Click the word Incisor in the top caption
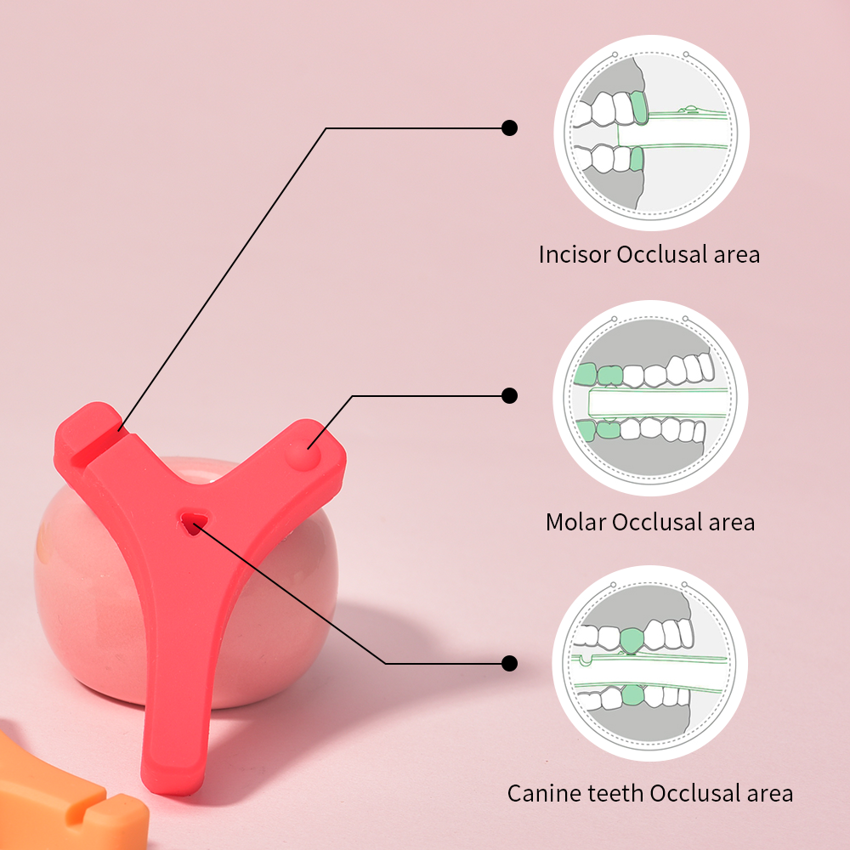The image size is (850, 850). click(575, 254)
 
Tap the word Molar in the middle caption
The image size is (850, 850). click(575, 522)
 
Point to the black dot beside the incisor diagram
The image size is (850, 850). click(509, 127)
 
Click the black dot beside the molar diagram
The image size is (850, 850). click(509, 395)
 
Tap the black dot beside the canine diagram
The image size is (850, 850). click(509, 663)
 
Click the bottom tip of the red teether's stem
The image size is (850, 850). click(175, 778)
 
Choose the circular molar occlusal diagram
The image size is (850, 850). click(651, 398)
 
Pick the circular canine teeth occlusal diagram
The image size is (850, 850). click(651, 664)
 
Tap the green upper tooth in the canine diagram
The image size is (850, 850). click(632, 639)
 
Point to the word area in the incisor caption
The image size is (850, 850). click(736, 254)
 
